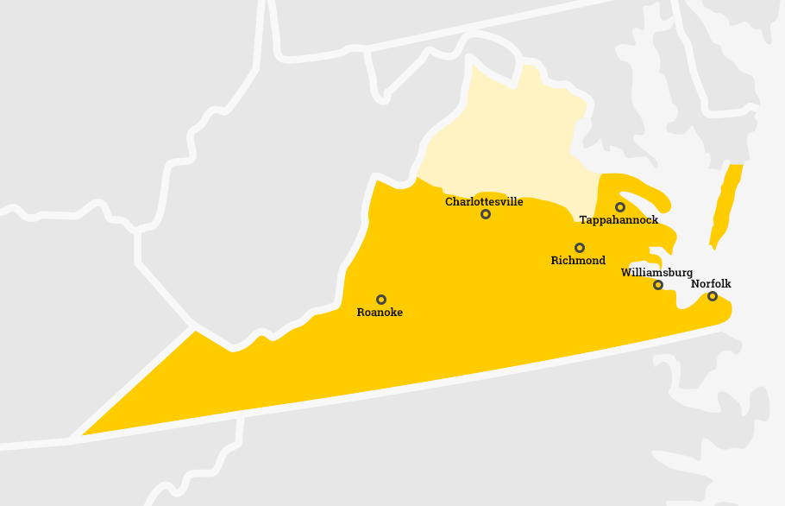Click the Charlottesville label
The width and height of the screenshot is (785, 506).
pyautogui.click(x=484, y=202)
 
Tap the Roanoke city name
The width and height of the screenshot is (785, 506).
pyautogui.click(x=380, y=313)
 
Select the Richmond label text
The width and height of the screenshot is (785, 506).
pyautogui.click(x=578, y=261)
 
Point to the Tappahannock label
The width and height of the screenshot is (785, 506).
pyautogui.click(x=619, y=220)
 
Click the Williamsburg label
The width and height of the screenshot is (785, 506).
pyautogui.click(x=656, y=273)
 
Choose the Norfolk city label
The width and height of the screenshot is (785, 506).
pyautogui.click(x=711, y=284)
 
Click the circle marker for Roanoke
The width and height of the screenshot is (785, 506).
pyautogui.click(x=381, y=300)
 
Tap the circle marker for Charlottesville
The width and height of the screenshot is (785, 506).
pyautogui.click(x=486, y=214)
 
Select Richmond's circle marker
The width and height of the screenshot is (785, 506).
pyautogui.click(x=580, y=248)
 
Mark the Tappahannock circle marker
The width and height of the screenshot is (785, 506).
pyautogui.click(x=620, y=207)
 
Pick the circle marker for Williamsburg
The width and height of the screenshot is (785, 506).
pyautogui.click(x=658, y=285)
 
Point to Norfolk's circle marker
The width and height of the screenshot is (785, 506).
pyautogui.click(x=713, y=296)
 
